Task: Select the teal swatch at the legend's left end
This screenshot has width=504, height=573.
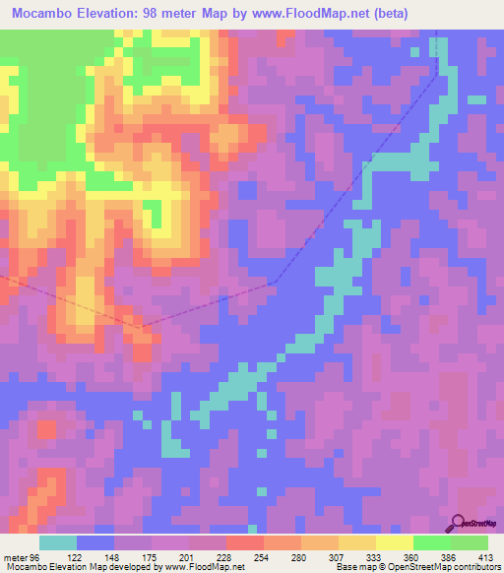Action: coord(58,542)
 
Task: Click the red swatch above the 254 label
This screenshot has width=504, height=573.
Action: coord(244,542)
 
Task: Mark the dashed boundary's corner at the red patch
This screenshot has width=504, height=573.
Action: coord(144,326)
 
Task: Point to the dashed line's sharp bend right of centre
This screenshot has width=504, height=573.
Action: coord(277,283)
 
